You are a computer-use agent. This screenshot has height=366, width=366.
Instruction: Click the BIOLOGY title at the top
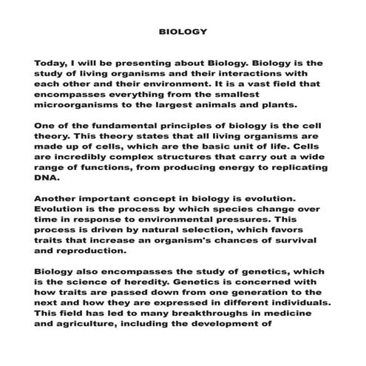(x=183, y=33)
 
